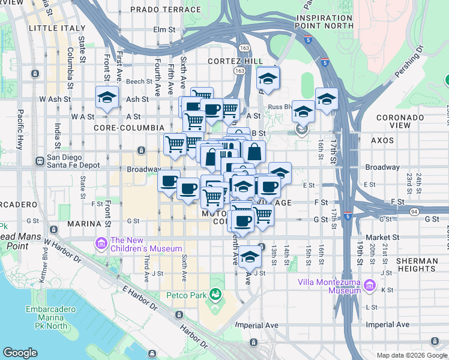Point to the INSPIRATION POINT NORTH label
coord(324,22)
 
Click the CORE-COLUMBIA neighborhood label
coord(129,128)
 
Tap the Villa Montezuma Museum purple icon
coord(369,284)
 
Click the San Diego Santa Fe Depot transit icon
coord(40,160)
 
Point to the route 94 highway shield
coord(415,211)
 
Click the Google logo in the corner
coord(20,352)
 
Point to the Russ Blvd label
coord(279,107)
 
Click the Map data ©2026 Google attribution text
coord(411,355)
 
